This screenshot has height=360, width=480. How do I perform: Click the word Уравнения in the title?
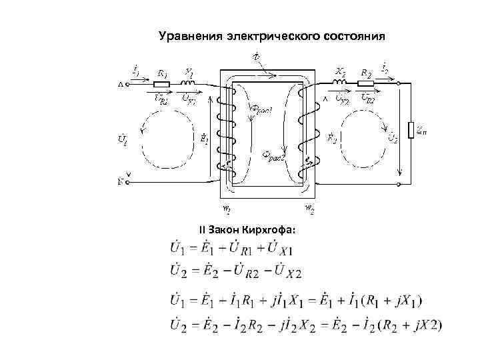(191, 36)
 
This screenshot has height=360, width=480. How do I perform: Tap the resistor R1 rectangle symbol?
(161, 85)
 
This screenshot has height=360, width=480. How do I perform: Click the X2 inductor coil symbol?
(339, 83)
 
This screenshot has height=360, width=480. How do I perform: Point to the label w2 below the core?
(310, 208)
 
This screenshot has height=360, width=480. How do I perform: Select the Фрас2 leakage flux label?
(274, 159)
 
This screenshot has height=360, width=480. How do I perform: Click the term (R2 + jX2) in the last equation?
(409, 325)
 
